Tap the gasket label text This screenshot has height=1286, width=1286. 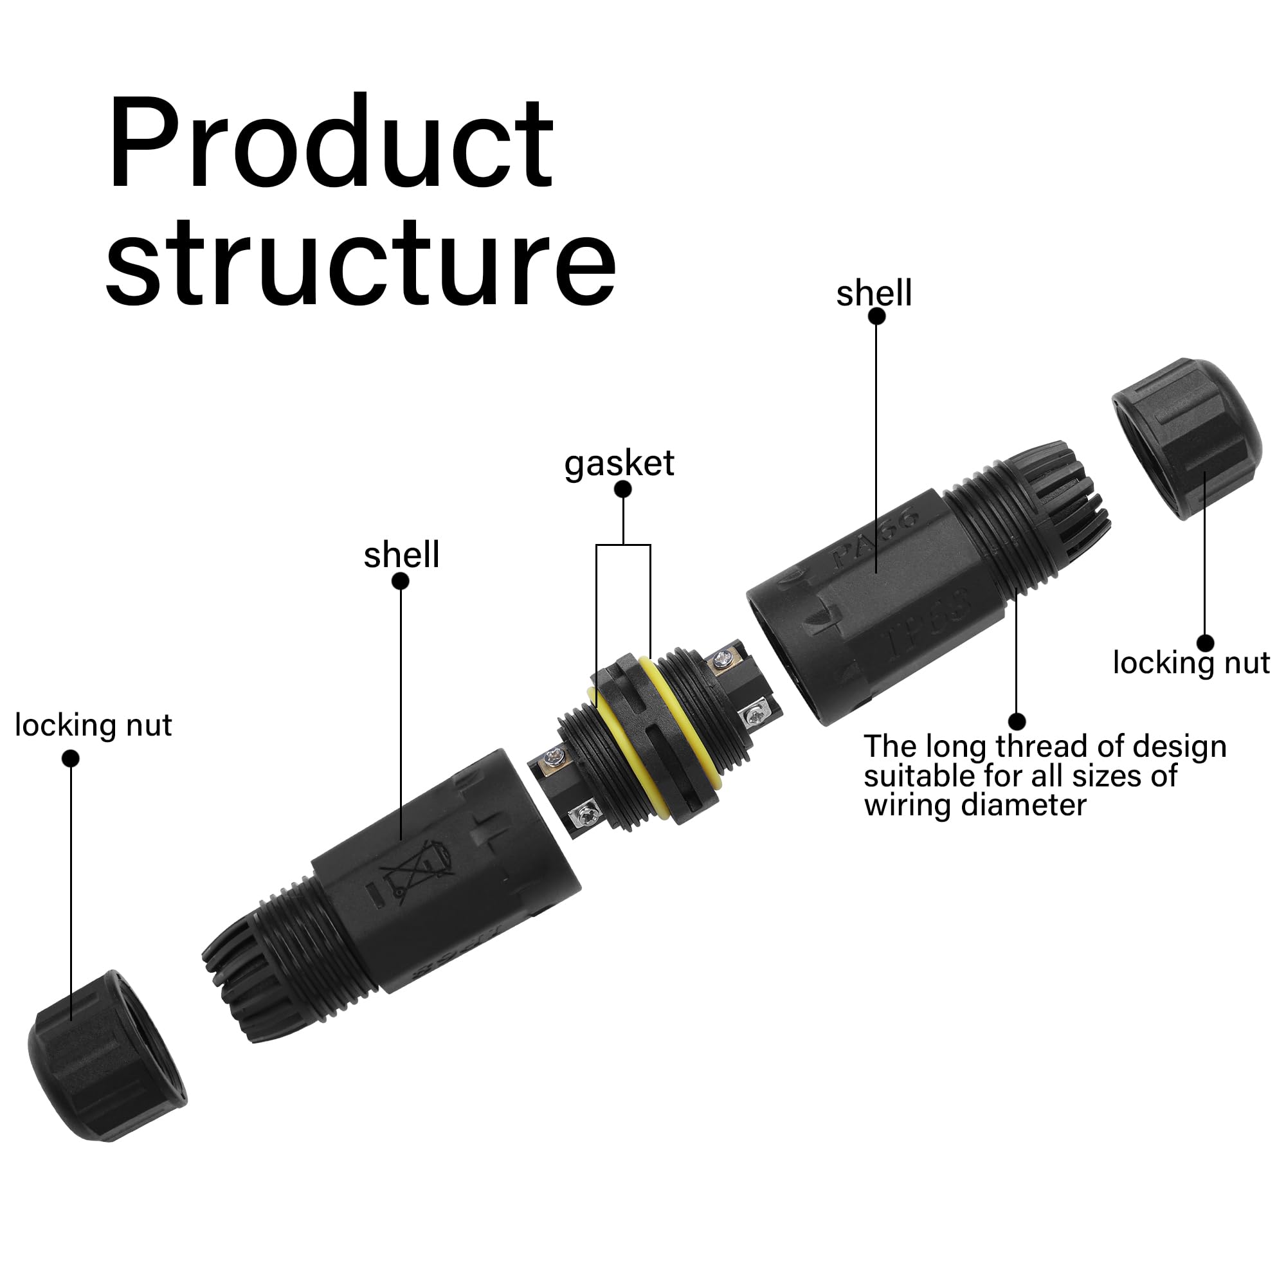click(619, 464)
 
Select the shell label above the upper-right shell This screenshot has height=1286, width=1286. click(874, 294)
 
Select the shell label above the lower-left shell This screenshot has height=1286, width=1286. click(401, 555)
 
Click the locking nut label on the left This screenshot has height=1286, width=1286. click(93, 725)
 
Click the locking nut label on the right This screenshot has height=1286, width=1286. click(1191, 664)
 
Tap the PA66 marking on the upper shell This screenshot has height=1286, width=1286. click(877, 539)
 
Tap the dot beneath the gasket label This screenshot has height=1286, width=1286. click(622, 489)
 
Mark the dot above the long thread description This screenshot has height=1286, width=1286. click(1017, 721)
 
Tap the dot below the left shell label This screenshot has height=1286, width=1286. click(400, 581)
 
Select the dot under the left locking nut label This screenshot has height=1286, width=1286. click(70, 759)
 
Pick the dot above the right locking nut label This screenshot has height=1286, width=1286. click(1205, 643)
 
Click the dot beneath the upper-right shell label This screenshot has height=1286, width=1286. click(876, 317)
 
